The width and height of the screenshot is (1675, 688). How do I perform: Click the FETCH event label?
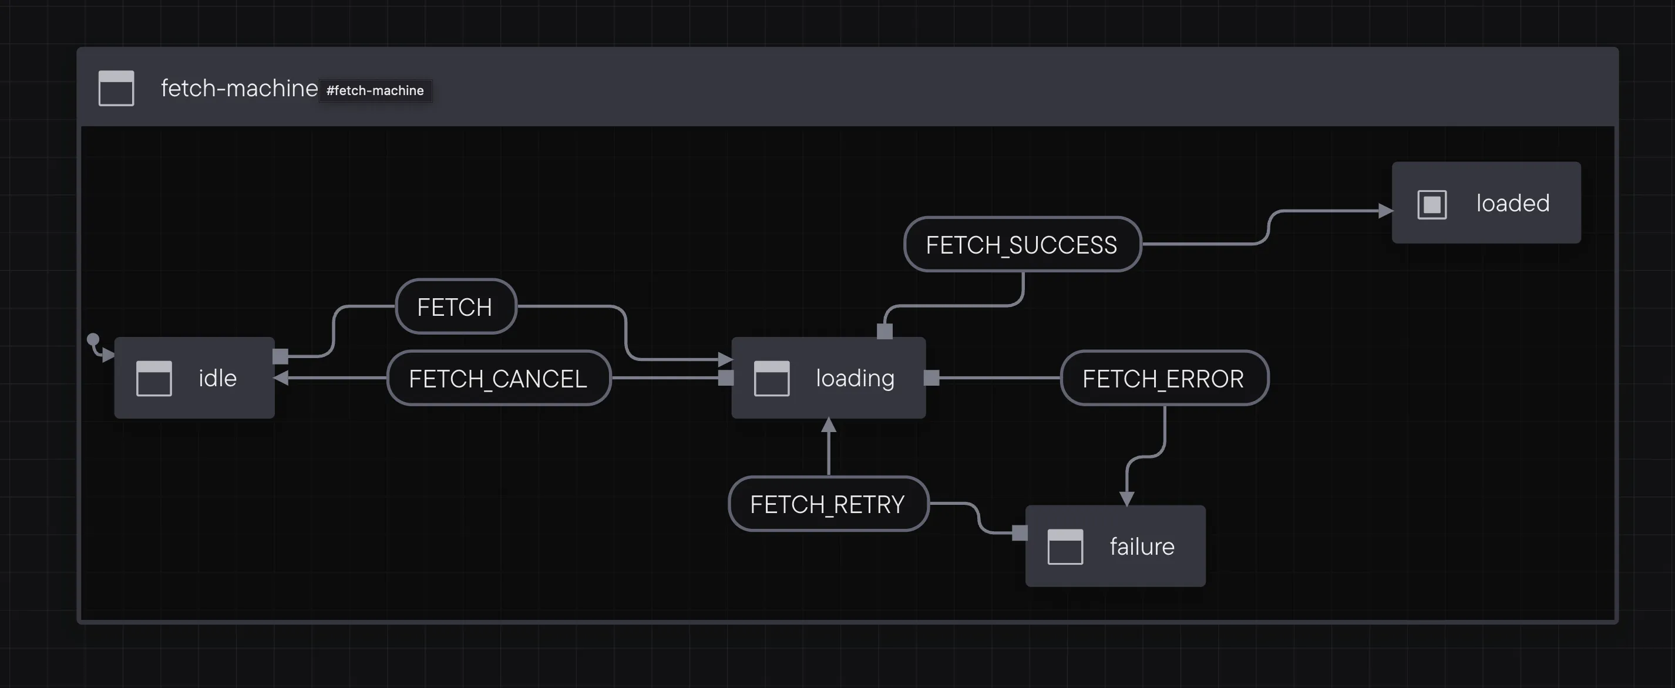click(455, 306)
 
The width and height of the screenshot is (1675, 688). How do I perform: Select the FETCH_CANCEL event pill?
click(498, 378)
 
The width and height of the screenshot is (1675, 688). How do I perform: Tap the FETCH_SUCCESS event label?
click(1021, 245)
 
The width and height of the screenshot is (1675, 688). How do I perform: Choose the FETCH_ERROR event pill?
click(1163, 378)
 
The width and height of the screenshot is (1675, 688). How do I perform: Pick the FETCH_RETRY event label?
click(827, 504)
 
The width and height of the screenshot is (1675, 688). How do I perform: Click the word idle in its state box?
click(217, 378)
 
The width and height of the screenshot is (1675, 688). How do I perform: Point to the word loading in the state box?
click(855, 378)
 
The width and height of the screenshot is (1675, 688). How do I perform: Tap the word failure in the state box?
click(1142, 547)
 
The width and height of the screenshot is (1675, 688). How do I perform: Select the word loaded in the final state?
click(1512, 203)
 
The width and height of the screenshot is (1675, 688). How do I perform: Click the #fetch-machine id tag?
click(375, 90)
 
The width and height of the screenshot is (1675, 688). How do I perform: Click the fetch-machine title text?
click(238, 87)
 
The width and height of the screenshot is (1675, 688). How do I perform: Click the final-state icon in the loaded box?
click(1432, 205)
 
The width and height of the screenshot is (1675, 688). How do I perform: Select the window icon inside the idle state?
click(154, 378)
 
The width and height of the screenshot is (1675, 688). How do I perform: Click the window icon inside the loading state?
click(772, 378)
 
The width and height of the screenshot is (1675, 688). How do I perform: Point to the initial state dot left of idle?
click(93, 339)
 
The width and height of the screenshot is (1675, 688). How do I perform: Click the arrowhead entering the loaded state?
click(1385, 211)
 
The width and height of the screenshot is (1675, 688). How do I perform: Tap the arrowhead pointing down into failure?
click(1127, 498)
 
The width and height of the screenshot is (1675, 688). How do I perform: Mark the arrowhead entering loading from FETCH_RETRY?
click(828, 426)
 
